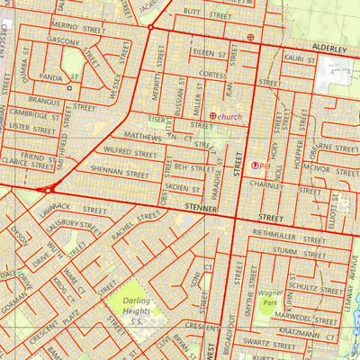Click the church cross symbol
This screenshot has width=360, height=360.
(x=213, y=116)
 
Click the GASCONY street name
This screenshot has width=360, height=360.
(x=64, y=42)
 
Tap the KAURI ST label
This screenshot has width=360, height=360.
(x=298, y=58)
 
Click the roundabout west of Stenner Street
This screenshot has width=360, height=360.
(x=49, y=189)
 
